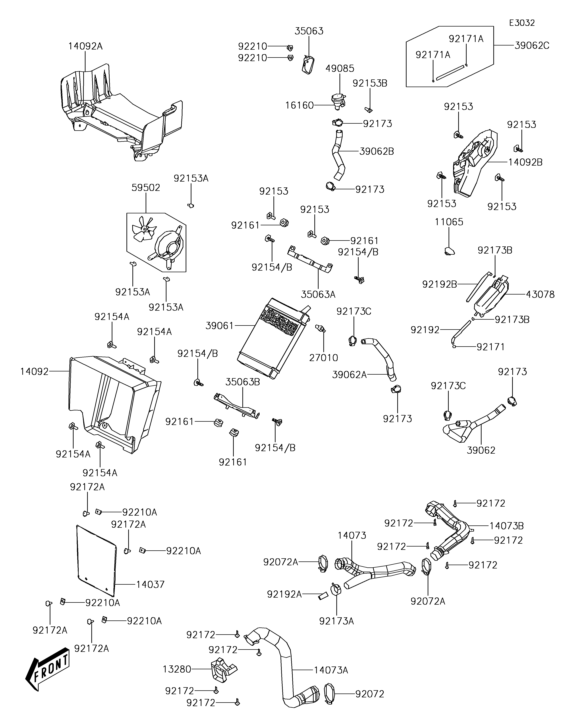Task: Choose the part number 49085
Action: (340, 68)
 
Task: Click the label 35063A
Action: (318, 295)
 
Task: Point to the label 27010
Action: (323, 358)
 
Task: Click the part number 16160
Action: (299, 105)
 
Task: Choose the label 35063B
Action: (243, 382)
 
